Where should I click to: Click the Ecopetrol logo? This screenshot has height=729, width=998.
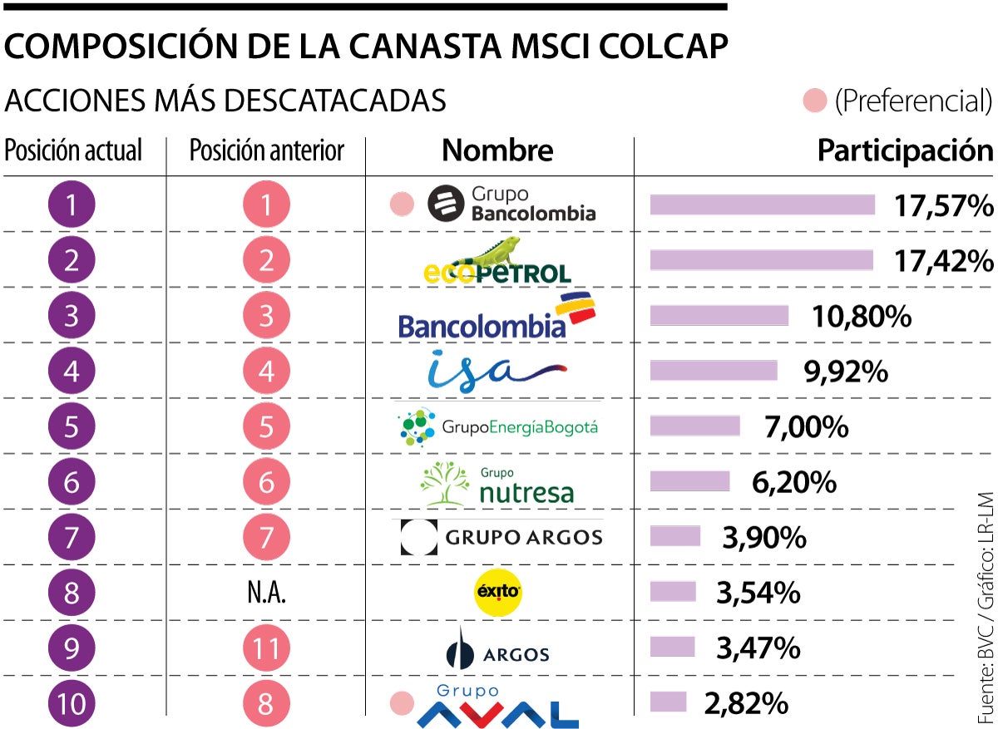(x=497, y=261)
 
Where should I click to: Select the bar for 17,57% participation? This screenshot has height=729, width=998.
(x=762, y=205)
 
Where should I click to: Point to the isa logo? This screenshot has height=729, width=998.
(x=496, y=371)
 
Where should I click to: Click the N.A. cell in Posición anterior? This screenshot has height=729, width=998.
(x=266, y=594)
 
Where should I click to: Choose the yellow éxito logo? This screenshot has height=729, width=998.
(x=497, y=593)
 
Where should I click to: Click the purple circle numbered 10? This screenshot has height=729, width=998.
(x=72, y=704)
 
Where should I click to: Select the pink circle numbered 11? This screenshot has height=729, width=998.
(x=266, y=648)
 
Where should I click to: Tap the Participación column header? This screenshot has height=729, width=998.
(x=905, y=150)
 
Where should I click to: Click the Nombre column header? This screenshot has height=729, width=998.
(x=497, y=150)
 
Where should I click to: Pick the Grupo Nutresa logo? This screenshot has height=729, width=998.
(x=497, y=483)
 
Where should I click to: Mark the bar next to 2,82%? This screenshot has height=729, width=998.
(x=668, y=702)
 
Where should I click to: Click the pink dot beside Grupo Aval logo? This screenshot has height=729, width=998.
(x=402, y=704)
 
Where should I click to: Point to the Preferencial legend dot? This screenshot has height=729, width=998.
(x=814, y=101)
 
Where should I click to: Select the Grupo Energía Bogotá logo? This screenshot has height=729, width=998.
(x=497, y=427)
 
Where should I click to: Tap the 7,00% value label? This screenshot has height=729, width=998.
(x=805, y=427)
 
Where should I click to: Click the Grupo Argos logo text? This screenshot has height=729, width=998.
(x=524, y=538)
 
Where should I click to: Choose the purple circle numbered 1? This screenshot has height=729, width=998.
(x=72, y=205)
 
